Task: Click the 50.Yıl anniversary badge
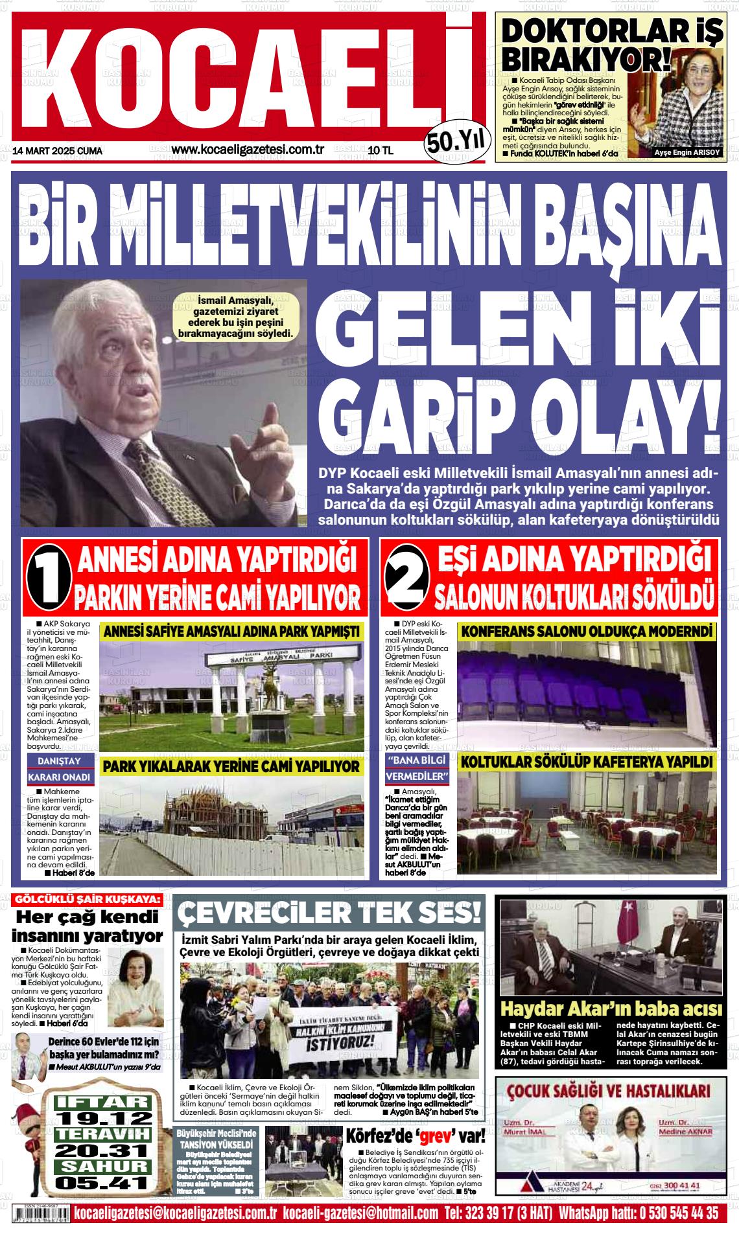(455, 140)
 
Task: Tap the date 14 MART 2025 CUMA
(58, 151)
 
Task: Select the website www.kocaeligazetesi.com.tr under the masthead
(248, 150)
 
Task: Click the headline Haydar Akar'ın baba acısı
(611, 1009)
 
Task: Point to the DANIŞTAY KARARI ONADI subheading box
(60, 768)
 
